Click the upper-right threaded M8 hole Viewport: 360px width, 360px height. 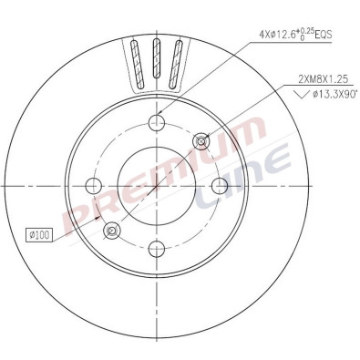[201, 140]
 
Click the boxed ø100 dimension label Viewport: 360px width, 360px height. [41, 236]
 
